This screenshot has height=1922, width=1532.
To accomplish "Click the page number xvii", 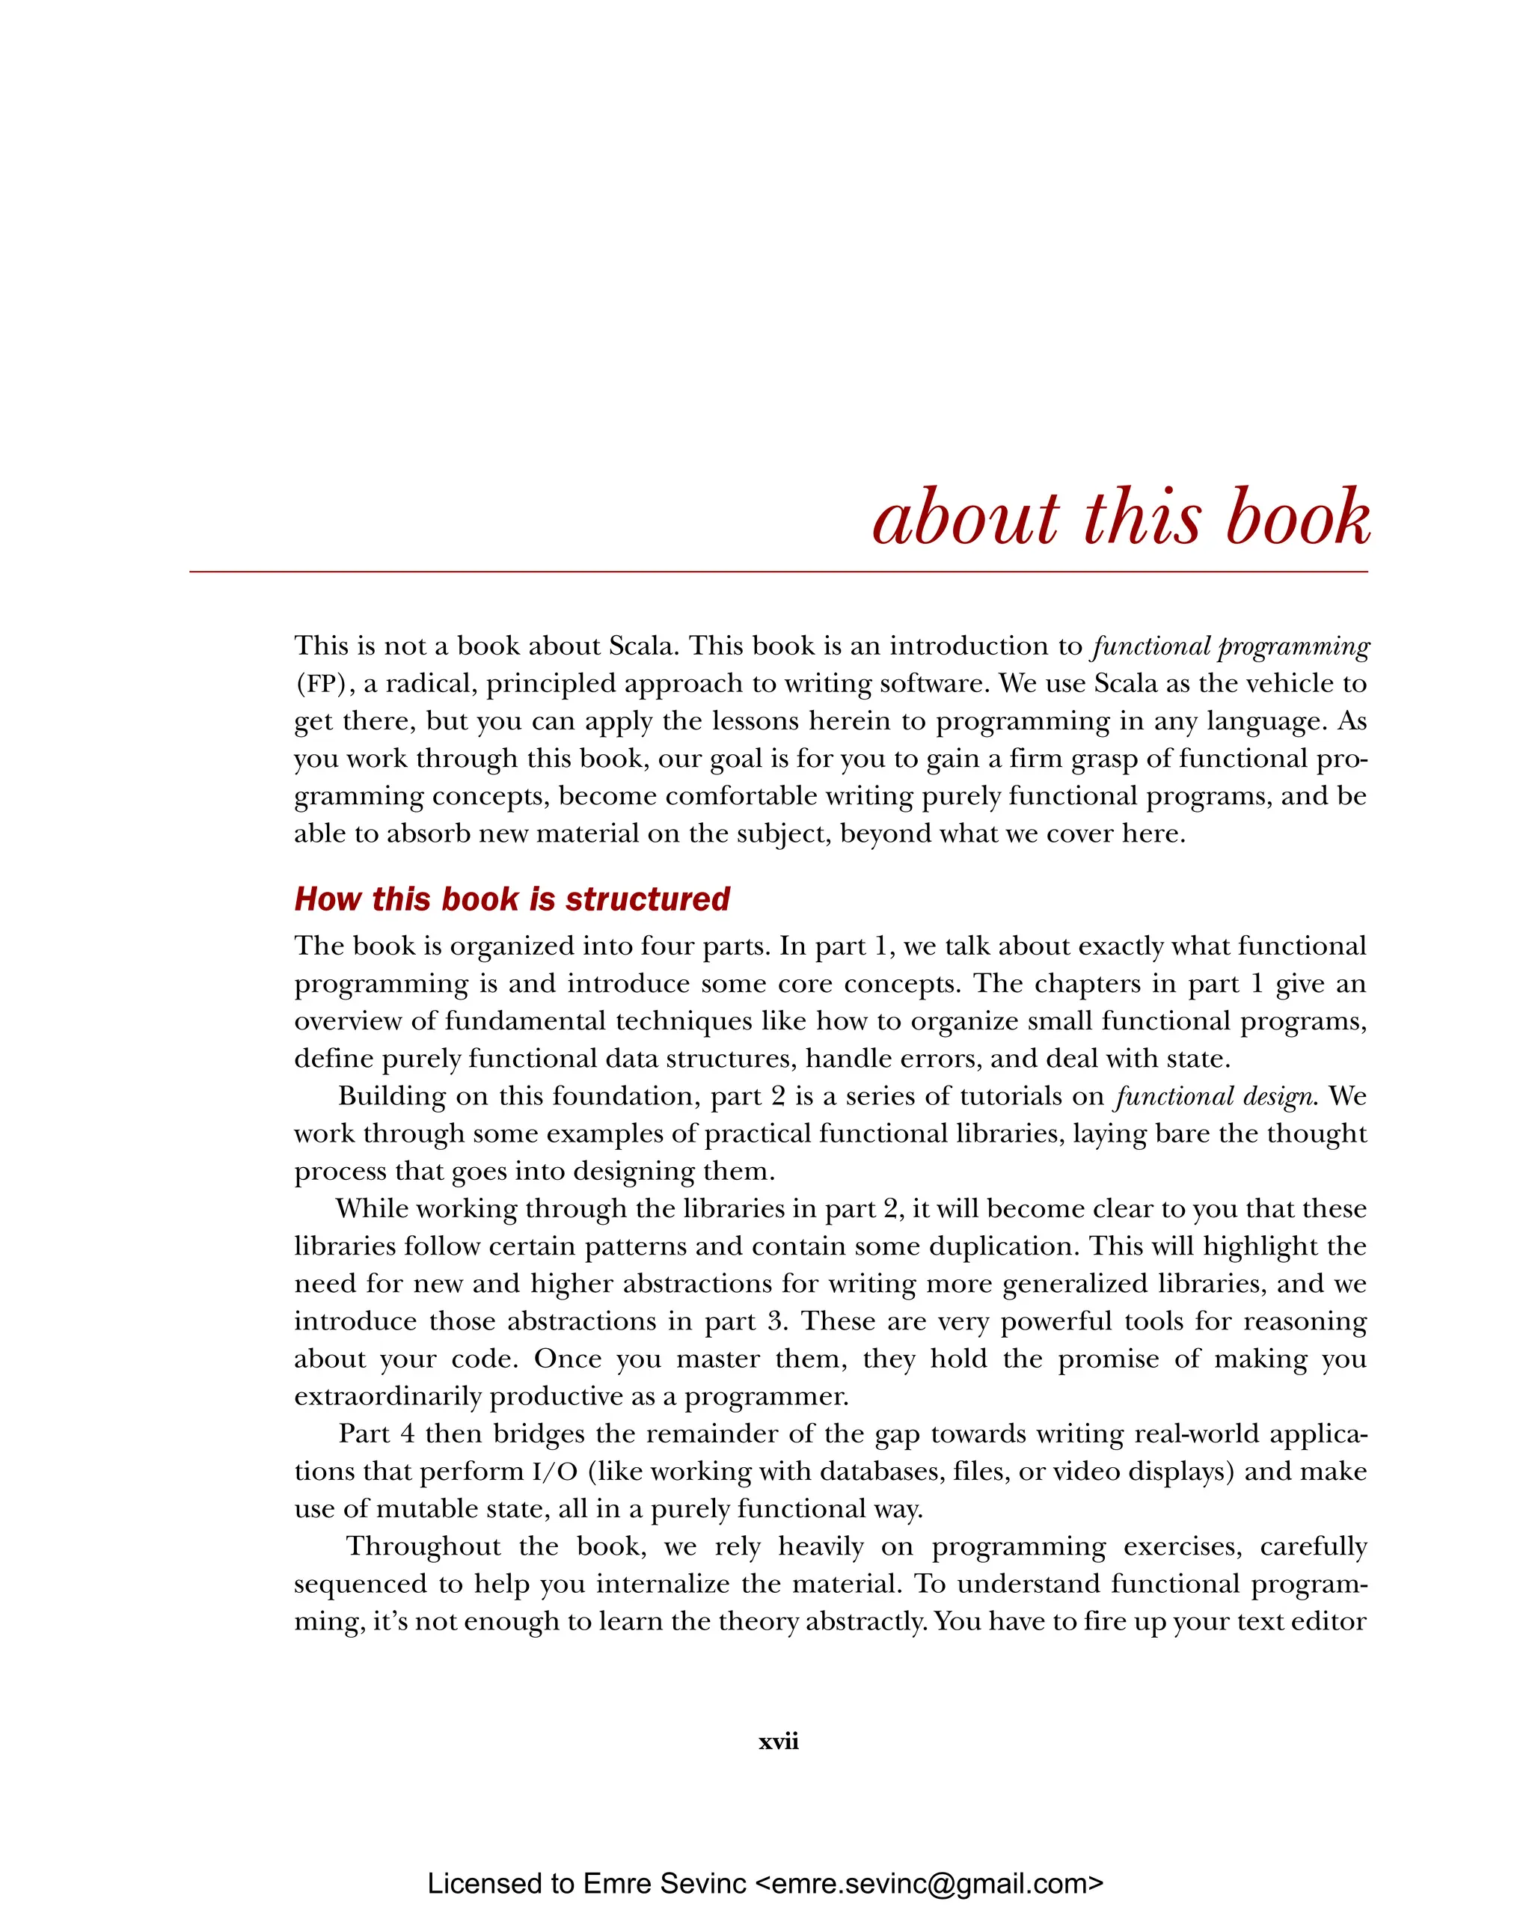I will click(x=778, y=1740).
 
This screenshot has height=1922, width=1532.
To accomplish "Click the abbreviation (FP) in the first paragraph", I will click(x=325, y=684).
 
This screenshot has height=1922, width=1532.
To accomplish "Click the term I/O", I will click(x=554, y=1471).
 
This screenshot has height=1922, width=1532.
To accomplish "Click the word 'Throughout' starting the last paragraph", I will click(x=423, y=1546).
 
